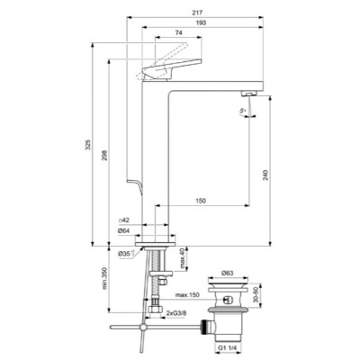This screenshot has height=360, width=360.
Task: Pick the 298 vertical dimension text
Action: pyautogui.click(x=106, y=151)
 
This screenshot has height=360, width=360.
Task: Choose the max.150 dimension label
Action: pyautogui.click(x=187, y=293)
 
